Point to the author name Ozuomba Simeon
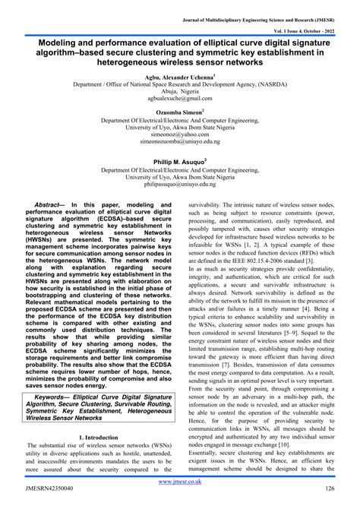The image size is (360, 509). (180, 112)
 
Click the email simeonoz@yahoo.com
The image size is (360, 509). (180, 134)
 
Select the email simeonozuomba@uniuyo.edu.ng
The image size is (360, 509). (180, 141)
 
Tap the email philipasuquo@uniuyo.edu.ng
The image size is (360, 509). (180, 182)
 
